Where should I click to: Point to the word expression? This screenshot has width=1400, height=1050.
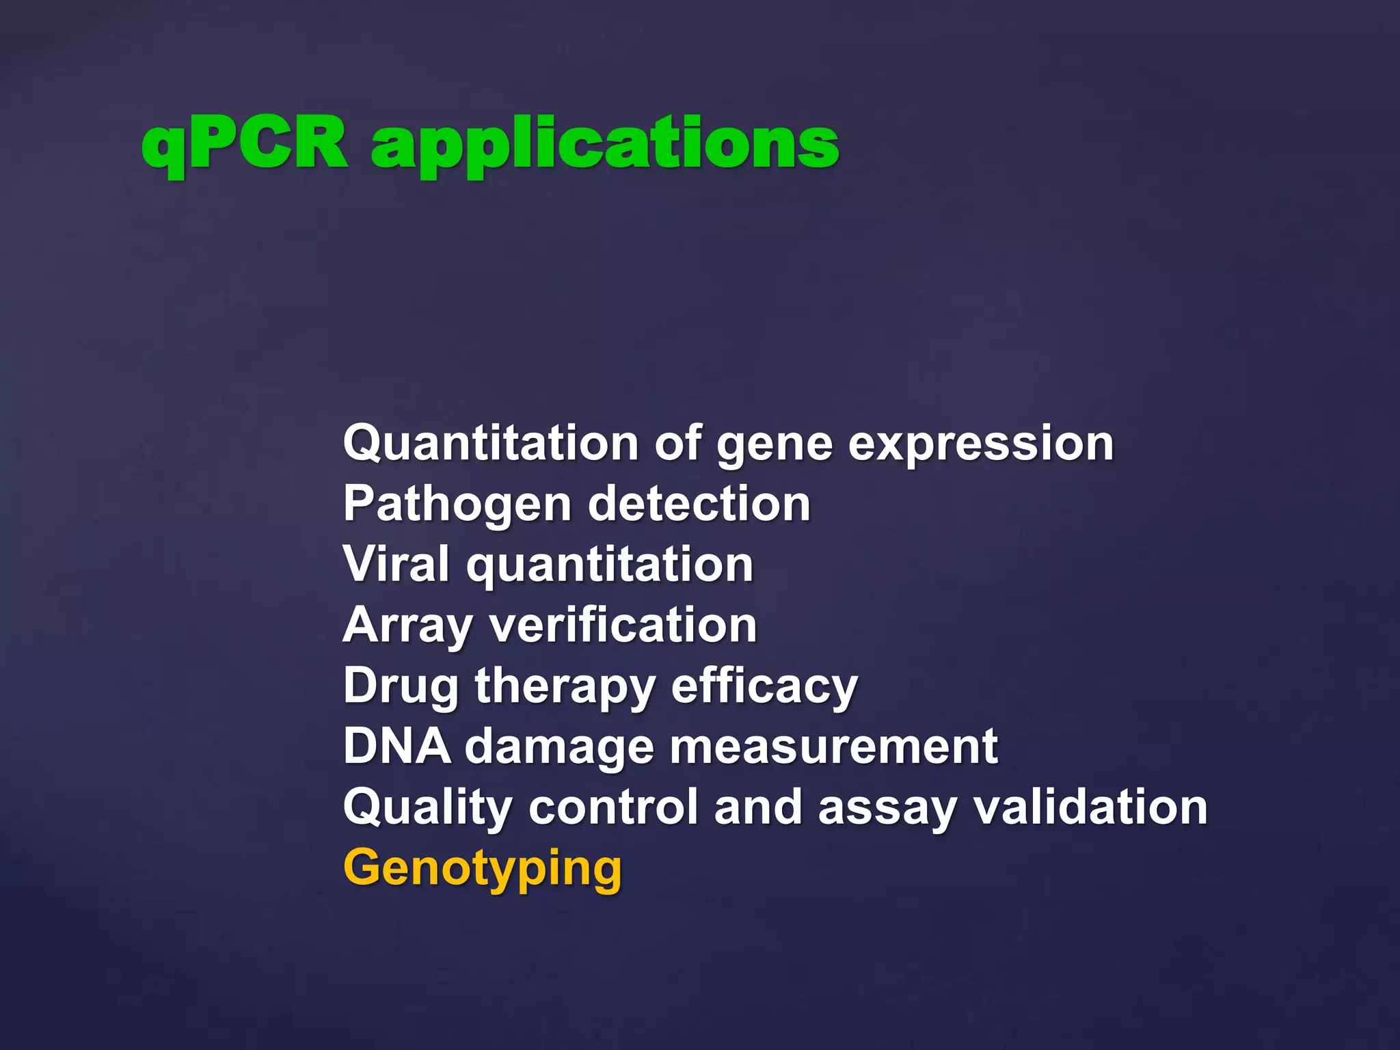point(981,446)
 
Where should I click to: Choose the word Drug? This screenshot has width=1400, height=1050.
point(401,686)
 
